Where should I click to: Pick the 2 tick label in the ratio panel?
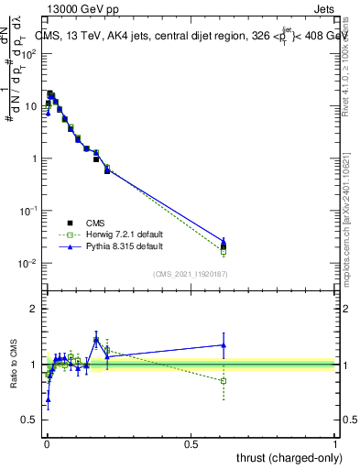[35, 309]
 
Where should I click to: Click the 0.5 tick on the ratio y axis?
[31, 420]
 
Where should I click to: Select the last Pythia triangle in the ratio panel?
[224, 345]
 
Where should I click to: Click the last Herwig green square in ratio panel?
[224, 380]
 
